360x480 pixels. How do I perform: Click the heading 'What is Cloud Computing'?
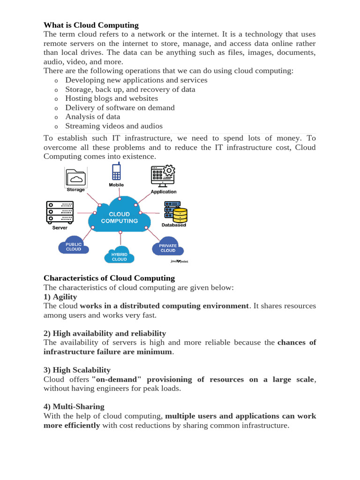coord(91,25)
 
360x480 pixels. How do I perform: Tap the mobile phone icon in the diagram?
coord(116,171)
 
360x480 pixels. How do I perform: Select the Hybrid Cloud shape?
coord(119,256)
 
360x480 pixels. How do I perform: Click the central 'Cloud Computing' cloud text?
coord(120,217)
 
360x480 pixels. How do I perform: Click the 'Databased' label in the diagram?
coord(173,225)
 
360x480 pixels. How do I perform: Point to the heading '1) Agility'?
coord(60,297)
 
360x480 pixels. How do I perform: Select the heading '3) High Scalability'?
coord(77,370)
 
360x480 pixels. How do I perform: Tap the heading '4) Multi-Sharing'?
coord(74,406)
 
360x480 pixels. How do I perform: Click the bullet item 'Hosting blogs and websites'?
coord(112,98)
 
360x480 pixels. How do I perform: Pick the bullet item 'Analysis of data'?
coord(92,117)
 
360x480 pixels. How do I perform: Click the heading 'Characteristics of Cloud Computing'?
coord(109,278)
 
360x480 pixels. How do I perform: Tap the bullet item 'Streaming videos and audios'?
coord(114,126)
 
